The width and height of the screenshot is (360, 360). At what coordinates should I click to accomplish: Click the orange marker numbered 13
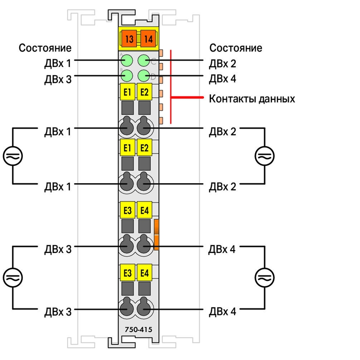click(129, 39)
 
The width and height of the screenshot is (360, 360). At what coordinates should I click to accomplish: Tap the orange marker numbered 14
click(148, 39)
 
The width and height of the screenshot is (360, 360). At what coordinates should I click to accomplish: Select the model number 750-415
click(139, 330)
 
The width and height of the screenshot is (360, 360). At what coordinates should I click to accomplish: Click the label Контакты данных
click(252, 99)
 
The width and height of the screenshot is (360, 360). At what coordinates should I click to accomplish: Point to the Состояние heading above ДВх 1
click(45, 48)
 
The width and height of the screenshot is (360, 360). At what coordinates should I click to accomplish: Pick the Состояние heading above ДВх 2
click(235, 48)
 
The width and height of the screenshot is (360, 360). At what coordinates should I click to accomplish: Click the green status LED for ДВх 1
click(127, 61)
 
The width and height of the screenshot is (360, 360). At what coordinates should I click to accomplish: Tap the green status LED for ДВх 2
click(144, 61)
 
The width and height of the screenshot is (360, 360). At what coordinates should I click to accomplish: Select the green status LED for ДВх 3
click(127, 76)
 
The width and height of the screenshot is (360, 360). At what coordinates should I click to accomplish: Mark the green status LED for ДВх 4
click(144, 76)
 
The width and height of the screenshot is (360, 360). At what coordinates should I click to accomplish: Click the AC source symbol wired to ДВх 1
click(13, 156)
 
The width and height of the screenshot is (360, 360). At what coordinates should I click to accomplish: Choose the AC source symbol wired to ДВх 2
click(265, 156)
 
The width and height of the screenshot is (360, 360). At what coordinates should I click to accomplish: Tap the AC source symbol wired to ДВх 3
click(13, 278)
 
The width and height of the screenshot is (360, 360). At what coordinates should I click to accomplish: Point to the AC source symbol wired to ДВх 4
click(265, 278)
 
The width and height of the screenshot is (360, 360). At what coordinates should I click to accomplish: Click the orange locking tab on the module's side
click(156, 234)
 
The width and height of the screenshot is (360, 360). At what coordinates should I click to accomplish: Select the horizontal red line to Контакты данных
click(187, 97)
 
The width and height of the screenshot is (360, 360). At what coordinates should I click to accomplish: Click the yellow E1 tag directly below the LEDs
click(127, 92)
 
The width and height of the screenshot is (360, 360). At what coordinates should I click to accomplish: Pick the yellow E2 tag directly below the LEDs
click(144, 92)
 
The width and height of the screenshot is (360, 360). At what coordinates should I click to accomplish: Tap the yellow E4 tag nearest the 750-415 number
click(144, 273)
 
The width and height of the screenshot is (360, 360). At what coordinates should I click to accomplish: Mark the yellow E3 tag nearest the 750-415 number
click(127, 273)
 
